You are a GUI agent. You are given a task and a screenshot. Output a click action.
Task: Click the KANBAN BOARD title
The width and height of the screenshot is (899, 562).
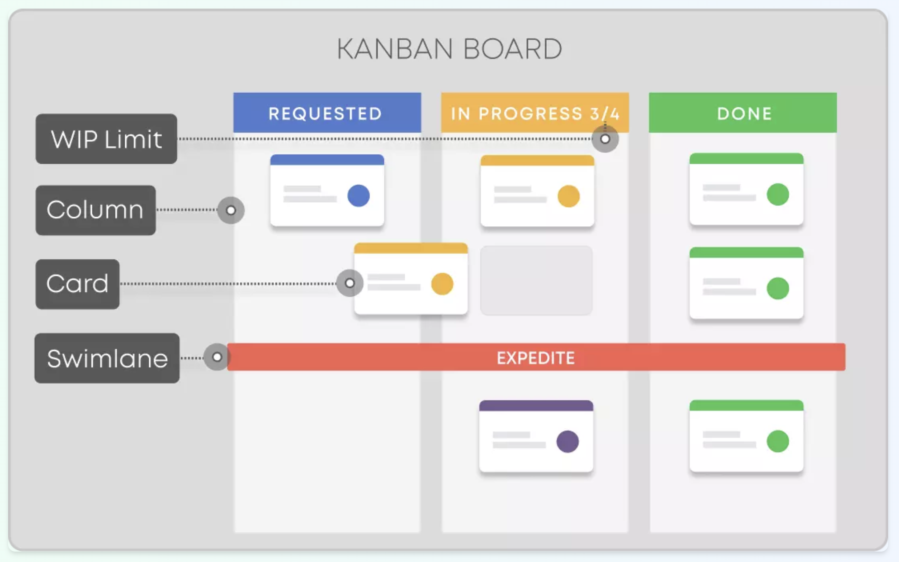pyautogui.click(x=449, y=49)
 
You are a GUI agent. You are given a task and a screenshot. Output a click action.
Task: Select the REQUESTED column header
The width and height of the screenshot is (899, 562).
pyautogui.click(x=327, y=113)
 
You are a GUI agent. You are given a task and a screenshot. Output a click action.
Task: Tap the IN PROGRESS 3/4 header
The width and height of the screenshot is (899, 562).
pyautogui.click(x=535, y=113)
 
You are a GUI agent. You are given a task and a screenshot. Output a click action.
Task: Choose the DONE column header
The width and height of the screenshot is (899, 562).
pyautogui.click(x=743, y=113)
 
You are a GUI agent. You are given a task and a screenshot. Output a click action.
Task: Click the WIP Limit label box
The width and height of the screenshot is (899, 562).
pyautogui.click(x=106, y=139)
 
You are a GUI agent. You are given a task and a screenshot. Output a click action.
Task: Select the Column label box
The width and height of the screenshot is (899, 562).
pyautogui.click(x=95, y=210)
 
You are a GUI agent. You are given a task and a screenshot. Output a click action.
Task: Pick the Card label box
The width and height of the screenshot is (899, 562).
pyautogui.click(x=77, y=284)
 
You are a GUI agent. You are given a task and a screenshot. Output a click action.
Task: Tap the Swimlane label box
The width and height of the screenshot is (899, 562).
pyautogui.click(x=107, y=358)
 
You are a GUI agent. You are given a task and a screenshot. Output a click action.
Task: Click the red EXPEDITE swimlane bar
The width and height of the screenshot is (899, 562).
pyautogui.click(x=536, y=357)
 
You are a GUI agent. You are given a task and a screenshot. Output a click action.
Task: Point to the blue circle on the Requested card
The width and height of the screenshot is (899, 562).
pyautogui.click(x=359, y=195)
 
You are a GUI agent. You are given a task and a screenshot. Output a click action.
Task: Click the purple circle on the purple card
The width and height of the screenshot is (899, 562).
pyautogui.click(x=568, y=441)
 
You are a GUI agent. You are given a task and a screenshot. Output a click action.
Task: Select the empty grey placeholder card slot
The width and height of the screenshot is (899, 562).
pyautogui.click(x=536, y=280)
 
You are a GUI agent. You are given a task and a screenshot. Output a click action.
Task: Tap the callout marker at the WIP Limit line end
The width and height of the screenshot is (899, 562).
pyautogui.click(x=605, y=139)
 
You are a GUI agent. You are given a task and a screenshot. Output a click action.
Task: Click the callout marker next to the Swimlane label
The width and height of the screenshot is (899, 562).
pyautogui.click(x=217, y=357)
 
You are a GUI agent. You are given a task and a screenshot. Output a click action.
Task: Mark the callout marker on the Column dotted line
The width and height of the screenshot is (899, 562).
pyautogui.click(x=231, y=210)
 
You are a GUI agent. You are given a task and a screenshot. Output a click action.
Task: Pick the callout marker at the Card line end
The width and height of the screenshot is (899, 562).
pyautogui.click(x=350, y=283)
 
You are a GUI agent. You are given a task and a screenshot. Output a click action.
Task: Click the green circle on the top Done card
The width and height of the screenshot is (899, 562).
pyautogui.click(x=778, y=195)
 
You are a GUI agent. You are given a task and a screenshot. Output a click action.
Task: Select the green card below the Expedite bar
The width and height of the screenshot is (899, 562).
pyautogui.click(x=747, y=436)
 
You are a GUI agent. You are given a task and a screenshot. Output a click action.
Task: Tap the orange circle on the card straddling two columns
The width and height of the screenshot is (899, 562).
pyautogui.click(x=442, y=284)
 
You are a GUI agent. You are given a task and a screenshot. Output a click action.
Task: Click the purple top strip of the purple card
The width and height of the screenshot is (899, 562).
pyautogui.click(x=536, y=405)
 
